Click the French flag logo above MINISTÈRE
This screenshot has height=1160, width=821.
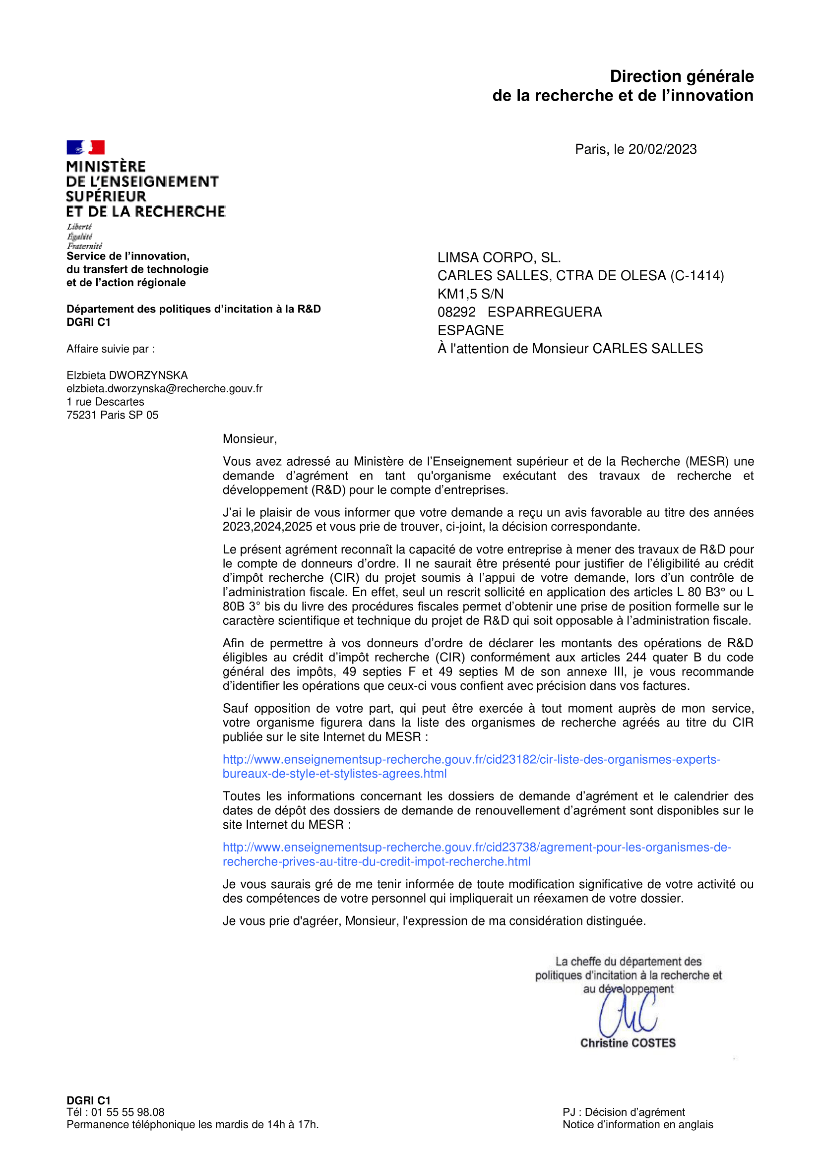click(x=85, y=147)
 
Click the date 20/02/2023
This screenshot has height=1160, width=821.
click(x=662, y=149)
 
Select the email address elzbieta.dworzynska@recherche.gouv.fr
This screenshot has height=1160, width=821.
click(x=164, y=388)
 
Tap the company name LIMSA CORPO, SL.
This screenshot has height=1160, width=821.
click(x=499, y=258)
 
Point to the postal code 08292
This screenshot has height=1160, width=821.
click(x=456, y=312)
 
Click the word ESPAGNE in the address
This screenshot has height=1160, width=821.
click(x=471, y=330)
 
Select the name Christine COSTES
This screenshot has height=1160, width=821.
click(x=628, y=1043)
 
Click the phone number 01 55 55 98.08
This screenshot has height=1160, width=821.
click(x=127, y=1112)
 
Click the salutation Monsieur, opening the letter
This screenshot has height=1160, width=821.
click(x=250, y=439)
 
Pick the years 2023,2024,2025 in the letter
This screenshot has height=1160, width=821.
click(x=267, y=527)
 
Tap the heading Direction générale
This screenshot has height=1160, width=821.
click(x=682, y=76)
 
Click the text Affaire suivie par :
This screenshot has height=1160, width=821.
click(x=111, y=349)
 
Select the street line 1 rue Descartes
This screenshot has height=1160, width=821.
click(x=105, y=402)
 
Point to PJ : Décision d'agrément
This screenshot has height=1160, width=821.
click(x=624, y=1112)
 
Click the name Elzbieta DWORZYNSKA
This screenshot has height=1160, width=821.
click(x=127, y=375)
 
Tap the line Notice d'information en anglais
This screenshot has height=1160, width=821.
click(x=637, y=1125)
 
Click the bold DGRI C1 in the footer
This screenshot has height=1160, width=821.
click(x=88, y=1100)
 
